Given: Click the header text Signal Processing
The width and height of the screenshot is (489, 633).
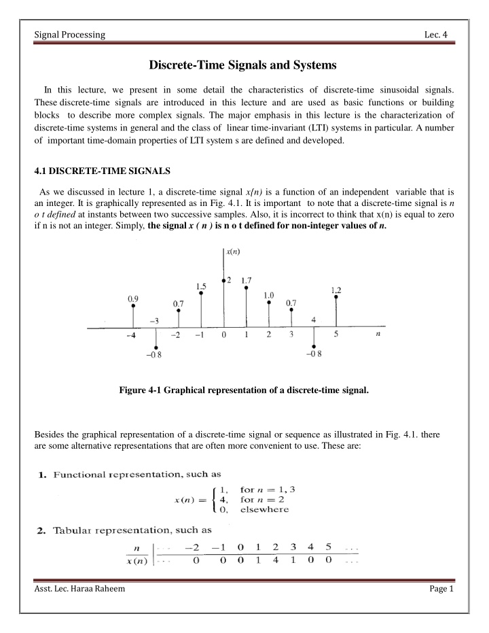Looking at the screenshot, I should (x=62, y=35).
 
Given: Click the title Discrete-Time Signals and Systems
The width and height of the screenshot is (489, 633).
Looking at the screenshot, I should (x=244, y=65).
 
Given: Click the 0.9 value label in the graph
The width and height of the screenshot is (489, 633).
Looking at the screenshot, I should (x=133, y=296).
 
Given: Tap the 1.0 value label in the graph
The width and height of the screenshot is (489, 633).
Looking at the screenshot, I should (x=269, y=296).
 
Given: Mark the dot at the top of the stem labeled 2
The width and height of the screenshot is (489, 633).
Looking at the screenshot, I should (x=223, y=279).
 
